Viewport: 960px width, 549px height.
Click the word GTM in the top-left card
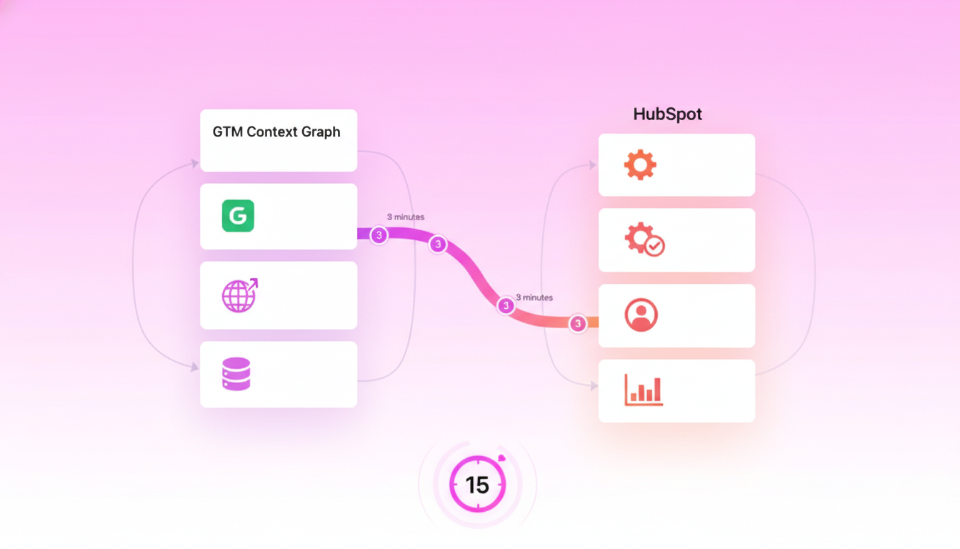tap(227, 132)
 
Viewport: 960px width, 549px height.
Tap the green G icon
tap(238, 216)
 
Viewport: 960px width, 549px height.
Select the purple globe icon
tap(239, 295)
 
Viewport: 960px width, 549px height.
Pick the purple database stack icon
tap(236, 374)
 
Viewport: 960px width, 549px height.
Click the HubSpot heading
tap(667, 114)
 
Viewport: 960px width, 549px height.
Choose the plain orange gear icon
tap(640, 165)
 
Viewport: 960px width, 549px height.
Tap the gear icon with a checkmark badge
tap(644, 239)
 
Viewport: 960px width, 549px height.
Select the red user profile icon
tap(641, 315)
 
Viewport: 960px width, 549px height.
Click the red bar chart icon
tap(644, 390)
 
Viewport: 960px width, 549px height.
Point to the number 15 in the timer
tap(477, 485)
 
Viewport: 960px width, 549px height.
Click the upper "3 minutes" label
tap(406, 217)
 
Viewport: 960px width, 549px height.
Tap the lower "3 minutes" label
tap(534, 297)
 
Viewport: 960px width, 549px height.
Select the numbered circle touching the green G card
tap(379, 235)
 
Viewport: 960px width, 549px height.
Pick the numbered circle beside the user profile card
tap(577, 324)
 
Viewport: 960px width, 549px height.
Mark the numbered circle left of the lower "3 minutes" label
tap(506, 306)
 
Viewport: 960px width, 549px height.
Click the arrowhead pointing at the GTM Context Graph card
tap(195, 164)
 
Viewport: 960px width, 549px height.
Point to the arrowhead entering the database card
tap(195, 367)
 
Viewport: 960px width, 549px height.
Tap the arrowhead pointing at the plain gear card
tap(592, 165)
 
